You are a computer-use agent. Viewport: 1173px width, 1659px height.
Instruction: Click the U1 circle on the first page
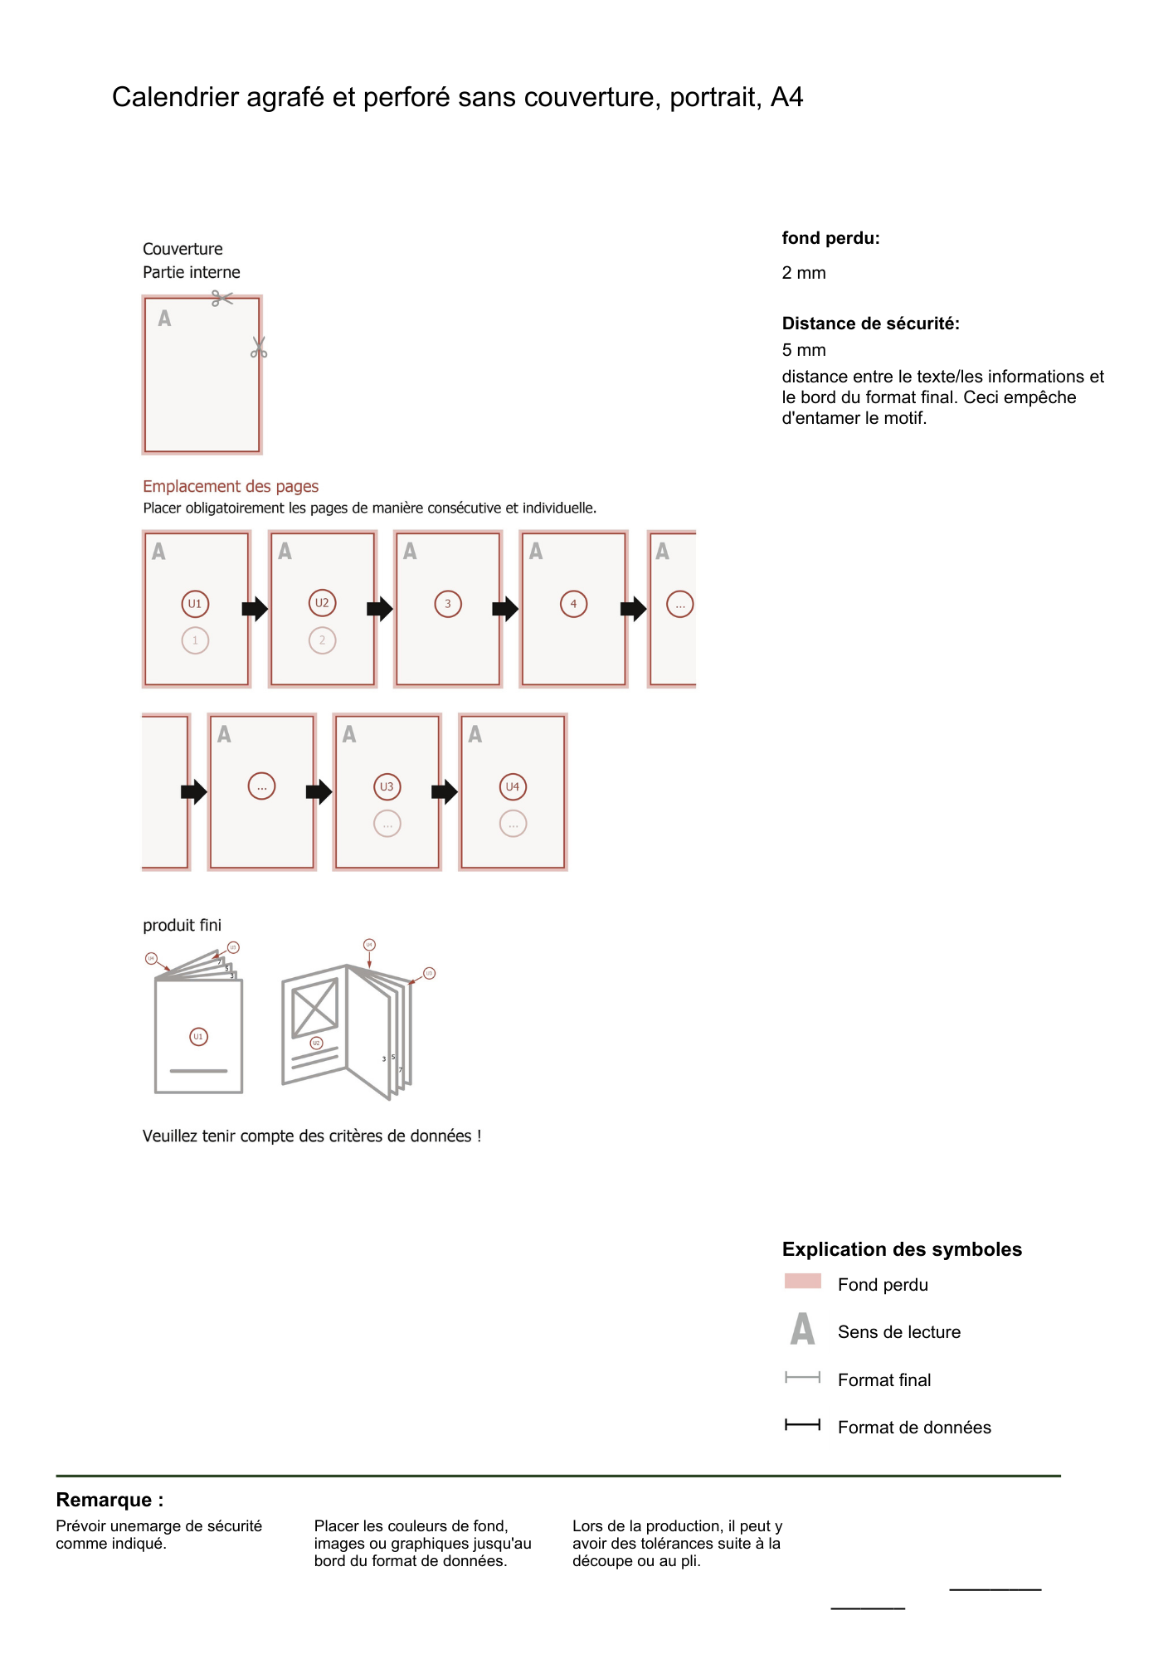coord(195,604)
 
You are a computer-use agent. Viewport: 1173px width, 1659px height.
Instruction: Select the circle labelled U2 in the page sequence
coord(322,603)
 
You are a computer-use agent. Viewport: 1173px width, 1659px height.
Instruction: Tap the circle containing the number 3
coord(448,604)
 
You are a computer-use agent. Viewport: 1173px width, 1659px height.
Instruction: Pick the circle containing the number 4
coord(573,604)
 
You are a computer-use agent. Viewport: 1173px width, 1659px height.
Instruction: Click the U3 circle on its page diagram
coord(387,786)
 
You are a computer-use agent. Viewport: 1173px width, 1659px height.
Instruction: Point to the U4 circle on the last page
coord(513,786)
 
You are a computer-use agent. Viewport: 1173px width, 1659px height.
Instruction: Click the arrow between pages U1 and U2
coord(255,609)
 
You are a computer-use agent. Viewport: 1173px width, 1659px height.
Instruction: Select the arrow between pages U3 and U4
coord(445,791)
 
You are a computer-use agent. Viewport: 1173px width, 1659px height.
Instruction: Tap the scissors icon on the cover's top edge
coord(221,298)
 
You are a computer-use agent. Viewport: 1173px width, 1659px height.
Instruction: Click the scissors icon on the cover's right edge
coord(259,348)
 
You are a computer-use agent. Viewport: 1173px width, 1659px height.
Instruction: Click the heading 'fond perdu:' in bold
coord(830,238)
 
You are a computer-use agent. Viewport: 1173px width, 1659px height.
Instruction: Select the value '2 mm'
coord(803,273)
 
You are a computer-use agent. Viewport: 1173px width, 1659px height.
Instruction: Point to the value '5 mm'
coord(803,350)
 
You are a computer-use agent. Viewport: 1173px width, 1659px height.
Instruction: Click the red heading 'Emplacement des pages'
coord(231,486)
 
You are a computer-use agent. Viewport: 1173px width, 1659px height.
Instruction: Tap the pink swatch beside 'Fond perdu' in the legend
coord(802,1282)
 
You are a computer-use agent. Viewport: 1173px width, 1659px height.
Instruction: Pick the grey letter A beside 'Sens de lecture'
coord(802,1329)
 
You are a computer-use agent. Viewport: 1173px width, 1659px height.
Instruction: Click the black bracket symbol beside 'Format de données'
coord(802,1425)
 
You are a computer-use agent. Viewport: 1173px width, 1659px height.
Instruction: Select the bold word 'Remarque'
coord(105,1500)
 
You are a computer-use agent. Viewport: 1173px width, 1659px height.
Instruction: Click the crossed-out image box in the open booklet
coord(315,1008)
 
